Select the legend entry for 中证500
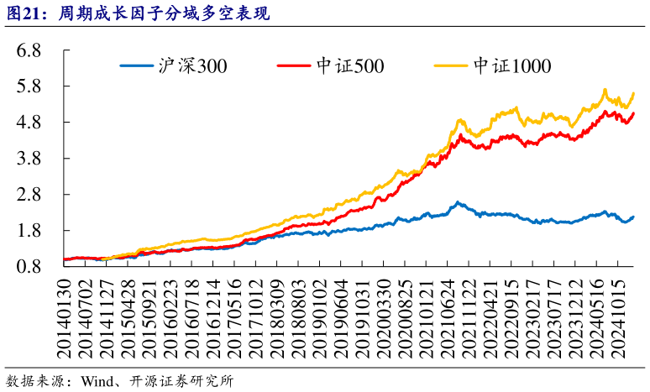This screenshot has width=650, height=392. pyautogui.click(x=332, y=66)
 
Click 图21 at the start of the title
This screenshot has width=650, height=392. pyautogui.click(x=23, y=13)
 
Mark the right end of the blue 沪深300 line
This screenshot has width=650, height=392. pyautogui.click(x=633, y=217)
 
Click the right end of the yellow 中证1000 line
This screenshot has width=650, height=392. pyautogui.click(x=633, y=93)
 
